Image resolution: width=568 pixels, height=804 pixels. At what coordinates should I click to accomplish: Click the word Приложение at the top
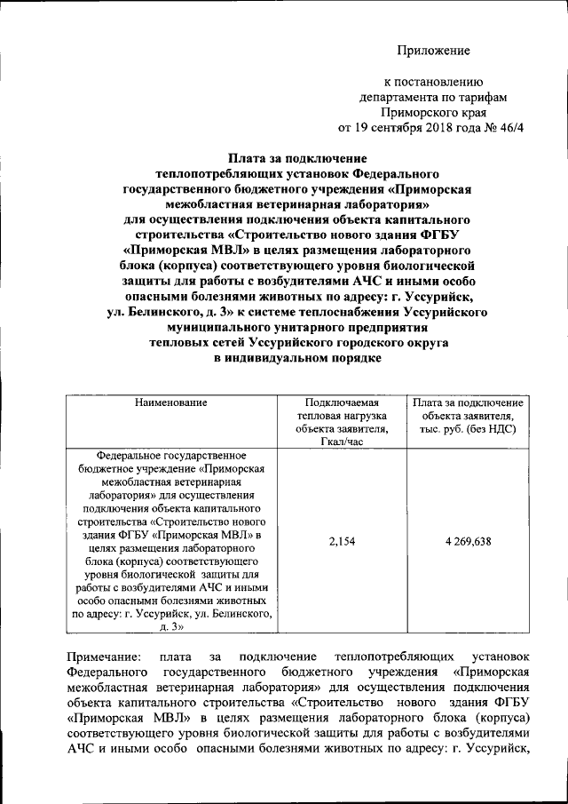click(x=432, y=51)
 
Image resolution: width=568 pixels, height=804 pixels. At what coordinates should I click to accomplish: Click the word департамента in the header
click(x=402, y=97)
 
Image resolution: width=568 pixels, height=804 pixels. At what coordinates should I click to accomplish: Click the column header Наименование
click(x=171, y=402)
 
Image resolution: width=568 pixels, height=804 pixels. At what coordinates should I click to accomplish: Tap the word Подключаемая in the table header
click(x=342, y=402)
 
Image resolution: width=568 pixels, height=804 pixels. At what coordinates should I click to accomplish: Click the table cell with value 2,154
click(x=342, y=542)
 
